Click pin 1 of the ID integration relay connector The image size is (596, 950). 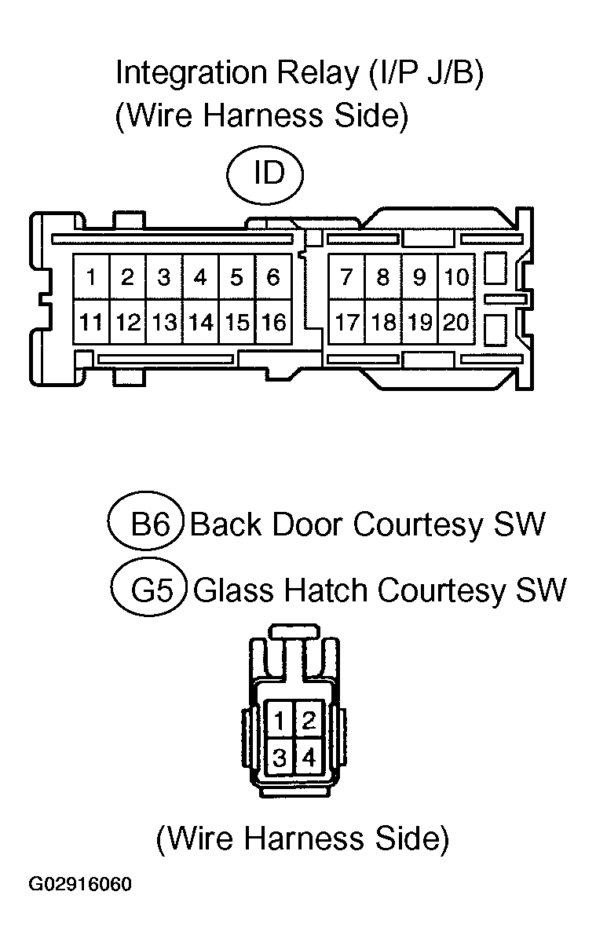click(91, 277)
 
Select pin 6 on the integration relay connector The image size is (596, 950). click(273, 277)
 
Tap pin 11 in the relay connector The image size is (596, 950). click(91, 322)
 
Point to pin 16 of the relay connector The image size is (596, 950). click(273, 322)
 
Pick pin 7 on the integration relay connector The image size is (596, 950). click(347, 277)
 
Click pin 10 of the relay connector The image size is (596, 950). click(456, 277)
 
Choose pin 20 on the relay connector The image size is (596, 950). click(456, 322)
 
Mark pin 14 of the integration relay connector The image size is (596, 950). click(201, 322)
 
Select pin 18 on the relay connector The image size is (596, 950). click(383, 322)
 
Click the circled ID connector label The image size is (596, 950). click(265, 175)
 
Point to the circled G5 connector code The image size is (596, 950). click(149, 587)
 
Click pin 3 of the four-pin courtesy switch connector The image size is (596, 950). click(280, 758)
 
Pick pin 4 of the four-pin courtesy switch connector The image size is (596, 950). click(309, 758)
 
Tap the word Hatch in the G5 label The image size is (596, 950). click(326, 590)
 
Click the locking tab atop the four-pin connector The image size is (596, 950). click(294, 630)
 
